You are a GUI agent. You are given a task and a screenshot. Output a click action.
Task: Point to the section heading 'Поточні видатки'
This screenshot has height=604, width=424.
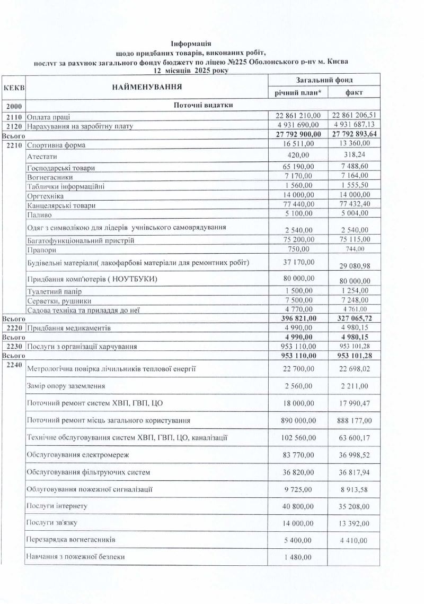204,105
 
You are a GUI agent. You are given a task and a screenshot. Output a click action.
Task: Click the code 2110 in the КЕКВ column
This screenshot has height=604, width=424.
14,116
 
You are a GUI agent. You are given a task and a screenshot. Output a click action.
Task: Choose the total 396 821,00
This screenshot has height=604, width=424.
298,317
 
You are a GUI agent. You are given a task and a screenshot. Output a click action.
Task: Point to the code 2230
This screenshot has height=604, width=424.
14,347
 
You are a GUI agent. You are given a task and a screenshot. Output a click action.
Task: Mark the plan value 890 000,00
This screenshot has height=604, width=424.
298,420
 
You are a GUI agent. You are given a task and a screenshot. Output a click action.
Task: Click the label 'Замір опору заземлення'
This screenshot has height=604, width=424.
65,386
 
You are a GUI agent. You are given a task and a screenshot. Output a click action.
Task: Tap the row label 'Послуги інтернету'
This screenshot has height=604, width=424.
57,506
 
